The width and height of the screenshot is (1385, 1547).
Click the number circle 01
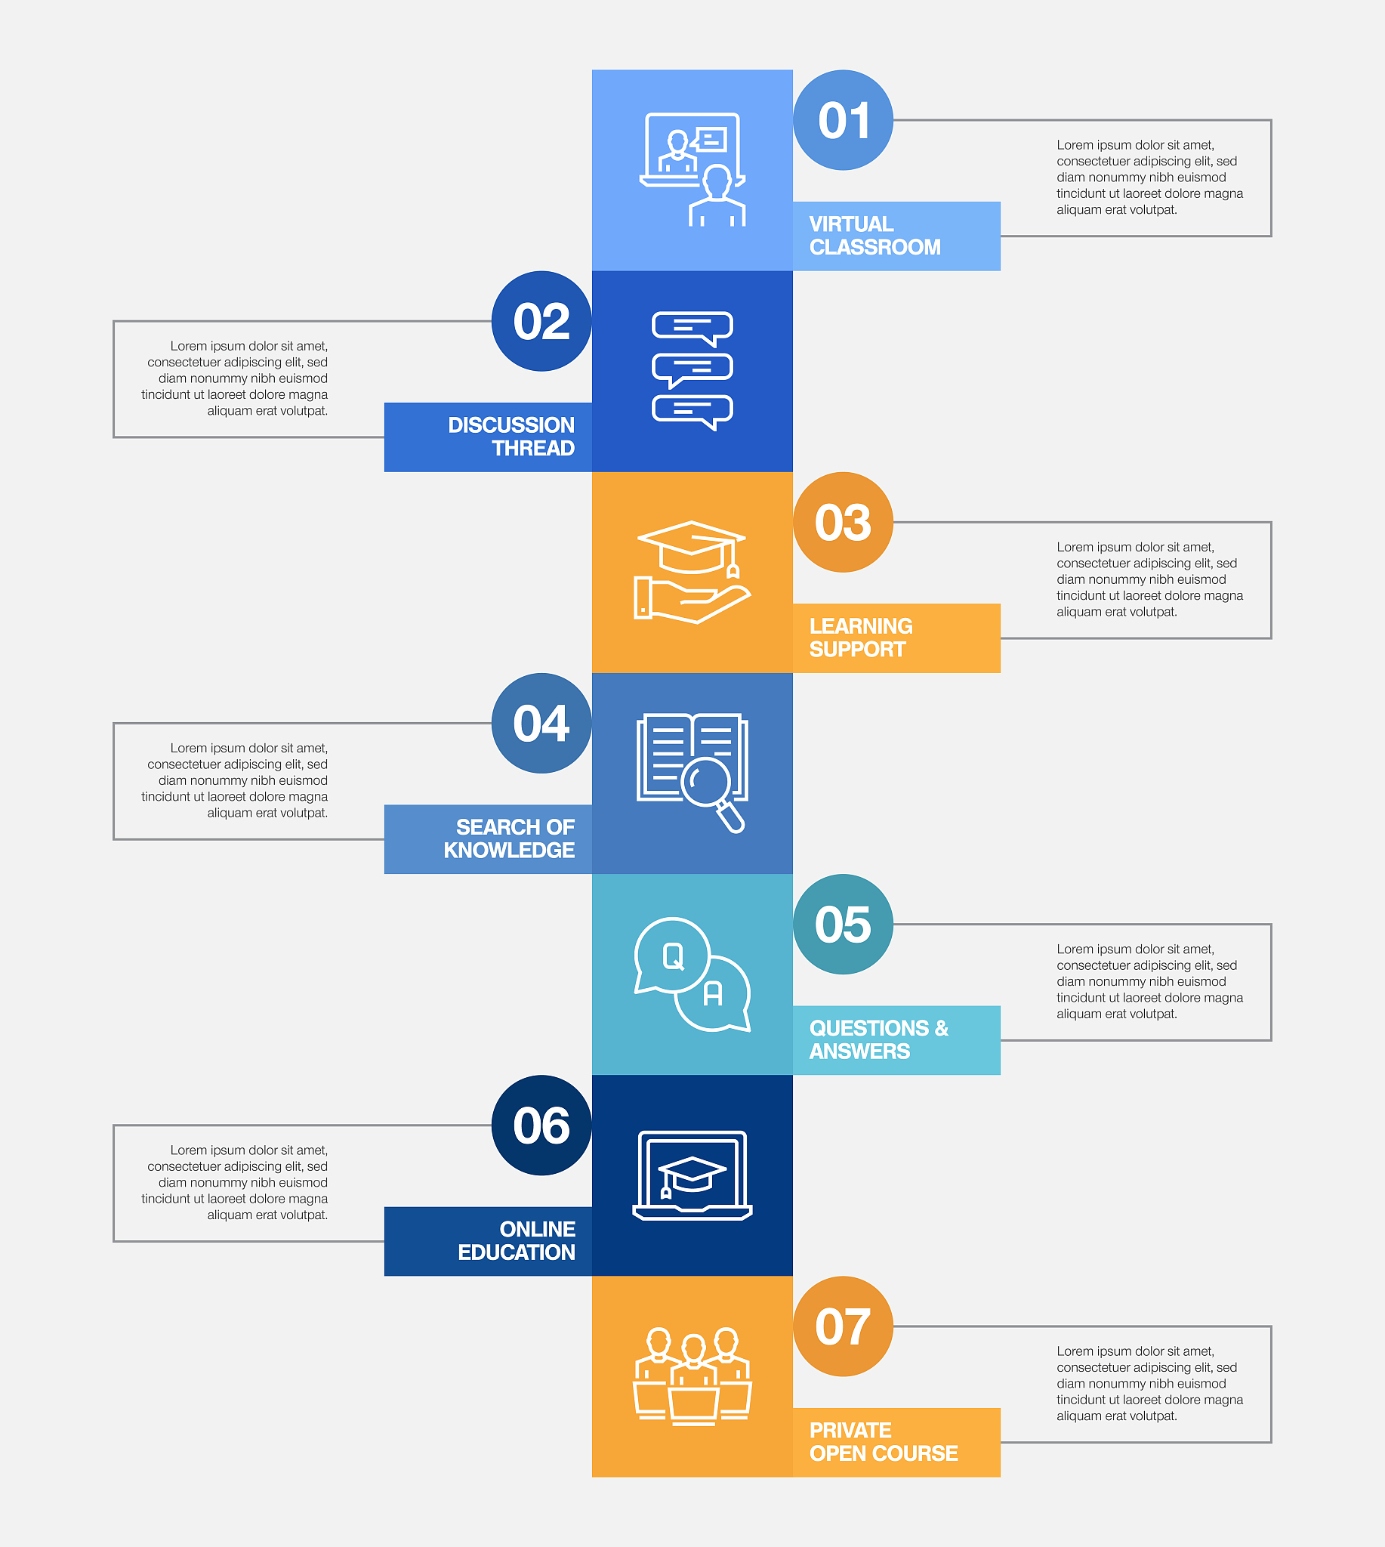tap(844, 120)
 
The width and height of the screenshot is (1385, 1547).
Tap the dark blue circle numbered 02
tap(541, 321)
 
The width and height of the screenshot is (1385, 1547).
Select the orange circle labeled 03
tap(844, 522)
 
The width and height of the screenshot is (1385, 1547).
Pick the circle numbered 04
tap(541, 723)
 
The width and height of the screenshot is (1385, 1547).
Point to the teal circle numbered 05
tap(844, 925)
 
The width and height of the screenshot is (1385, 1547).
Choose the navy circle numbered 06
tap(541, 1126)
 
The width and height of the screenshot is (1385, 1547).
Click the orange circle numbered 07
tap(844, 1326)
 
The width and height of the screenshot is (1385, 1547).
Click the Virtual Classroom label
tap(875, 236)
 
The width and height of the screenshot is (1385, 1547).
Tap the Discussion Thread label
tap(511, 437)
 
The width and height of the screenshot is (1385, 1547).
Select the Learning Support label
tap(861, 638)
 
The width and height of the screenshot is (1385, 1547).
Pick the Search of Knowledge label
tap(509, 839)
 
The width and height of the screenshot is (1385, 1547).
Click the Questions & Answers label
tap(879, 1040)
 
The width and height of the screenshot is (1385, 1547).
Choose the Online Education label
tap(517, 1241)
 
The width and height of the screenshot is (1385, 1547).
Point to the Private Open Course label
tap(884, 1442)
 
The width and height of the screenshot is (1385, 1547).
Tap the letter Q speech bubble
tap(671, 956)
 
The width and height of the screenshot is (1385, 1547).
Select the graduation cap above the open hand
tap(691, 548)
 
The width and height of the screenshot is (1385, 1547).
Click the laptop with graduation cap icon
tap(692, 1175)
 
